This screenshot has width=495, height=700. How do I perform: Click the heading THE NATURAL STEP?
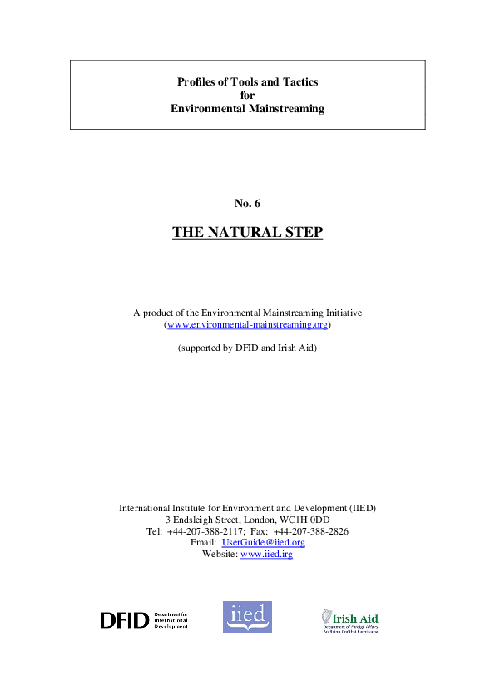pyautogui.click(x=247, y=232)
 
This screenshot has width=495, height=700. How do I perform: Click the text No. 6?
pyautogui.click(x=247, y=203)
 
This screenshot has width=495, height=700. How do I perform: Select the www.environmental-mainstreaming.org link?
pyautogui.click(x=247, y=325)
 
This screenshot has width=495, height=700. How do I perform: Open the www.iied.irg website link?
pyautogui.click(x=266, y=554)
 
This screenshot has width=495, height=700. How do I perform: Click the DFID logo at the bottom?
pyautogui.click(x=143, y=619)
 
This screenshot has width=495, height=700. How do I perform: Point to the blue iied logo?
pyautogui.click(x=247, y=617)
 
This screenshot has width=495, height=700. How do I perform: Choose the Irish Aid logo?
pyautogui.click(x=349, y=619)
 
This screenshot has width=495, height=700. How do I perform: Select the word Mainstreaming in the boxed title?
pyautogui.click(x=284, y=108)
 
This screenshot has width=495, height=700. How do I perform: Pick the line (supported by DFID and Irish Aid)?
pyautogui.click(x=247, y=348)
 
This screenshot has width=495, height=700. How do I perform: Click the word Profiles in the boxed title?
pyautogui.click(x=197, y=81)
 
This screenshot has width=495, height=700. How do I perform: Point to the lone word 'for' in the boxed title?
pyautogui.click(x=247, y=95)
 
